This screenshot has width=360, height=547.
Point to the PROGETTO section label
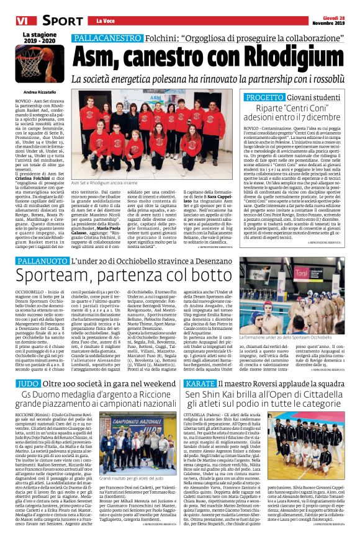(x=265, y=97)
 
